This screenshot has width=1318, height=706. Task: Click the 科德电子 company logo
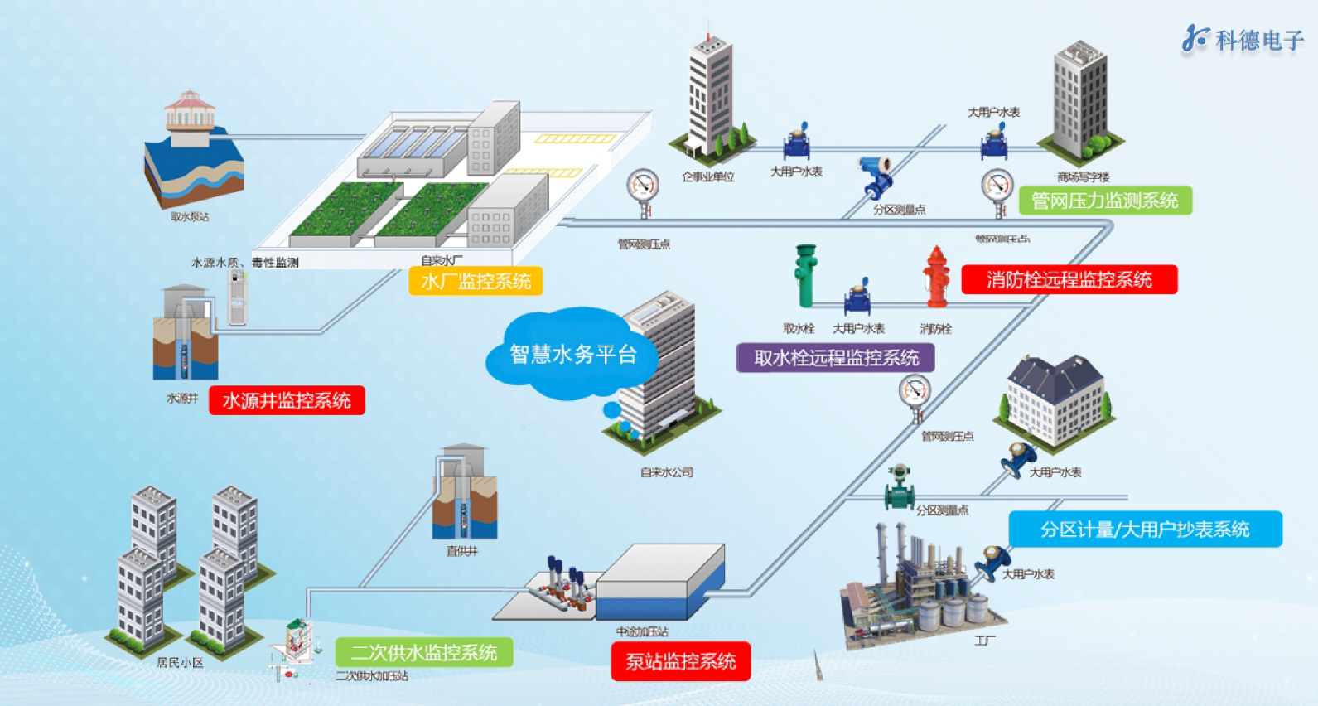click(1242, 39)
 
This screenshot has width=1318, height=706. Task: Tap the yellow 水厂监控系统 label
click(476, 282)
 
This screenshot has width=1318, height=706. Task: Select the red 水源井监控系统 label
click(287, 401)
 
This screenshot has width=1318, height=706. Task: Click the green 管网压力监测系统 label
click(1104, 201)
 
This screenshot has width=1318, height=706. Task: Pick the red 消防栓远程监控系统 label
click(1069, 280)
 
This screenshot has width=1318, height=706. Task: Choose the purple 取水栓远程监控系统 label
click(836, 358)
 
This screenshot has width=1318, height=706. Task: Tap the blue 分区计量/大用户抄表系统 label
click(1145, 529)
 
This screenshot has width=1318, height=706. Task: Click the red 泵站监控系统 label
click(680, 661)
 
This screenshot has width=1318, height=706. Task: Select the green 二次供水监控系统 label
click(423, 653)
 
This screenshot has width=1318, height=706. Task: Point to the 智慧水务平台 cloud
click(572, 355)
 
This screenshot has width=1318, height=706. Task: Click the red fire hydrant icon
click(937, 277)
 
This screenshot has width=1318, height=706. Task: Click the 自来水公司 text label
click(667, 472)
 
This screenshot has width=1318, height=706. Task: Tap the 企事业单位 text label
click(708, 176)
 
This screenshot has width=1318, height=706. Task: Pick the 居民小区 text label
click(180, 663)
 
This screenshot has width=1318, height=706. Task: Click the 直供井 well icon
click(465, 494)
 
